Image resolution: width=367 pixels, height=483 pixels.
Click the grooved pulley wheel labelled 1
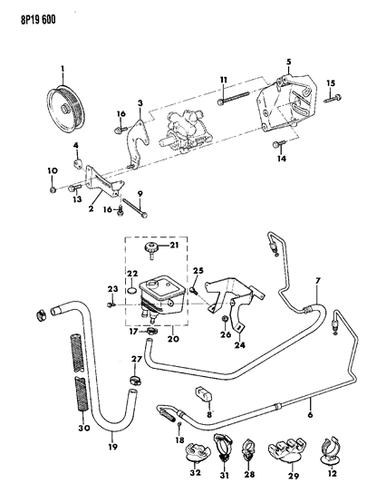pos(65,109)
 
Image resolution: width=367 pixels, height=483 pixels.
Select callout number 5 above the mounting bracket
pos(288,62)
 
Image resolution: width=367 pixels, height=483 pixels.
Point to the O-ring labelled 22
pos(131,290)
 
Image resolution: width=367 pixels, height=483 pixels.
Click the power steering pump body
pos(184,130)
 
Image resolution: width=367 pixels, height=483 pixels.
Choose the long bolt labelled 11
pos(232,97)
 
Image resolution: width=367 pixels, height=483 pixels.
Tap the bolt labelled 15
pos(333,99)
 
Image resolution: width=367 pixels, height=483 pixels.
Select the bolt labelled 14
pos(279,144)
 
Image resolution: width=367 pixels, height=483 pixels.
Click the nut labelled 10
pos(53,190)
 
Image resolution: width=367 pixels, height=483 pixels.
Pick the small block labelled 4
pos(77,163)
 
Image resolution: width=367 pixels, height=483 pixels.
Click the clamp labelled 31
pos(223,447)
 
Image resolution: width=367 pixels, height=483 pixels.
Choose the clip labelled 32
pos(198,452)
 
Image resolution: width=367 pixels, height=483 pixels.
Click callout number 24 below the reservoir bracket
pos(240,345)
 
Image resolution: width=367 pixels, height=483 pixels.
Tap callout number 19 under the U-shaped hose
pos(113,447)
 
